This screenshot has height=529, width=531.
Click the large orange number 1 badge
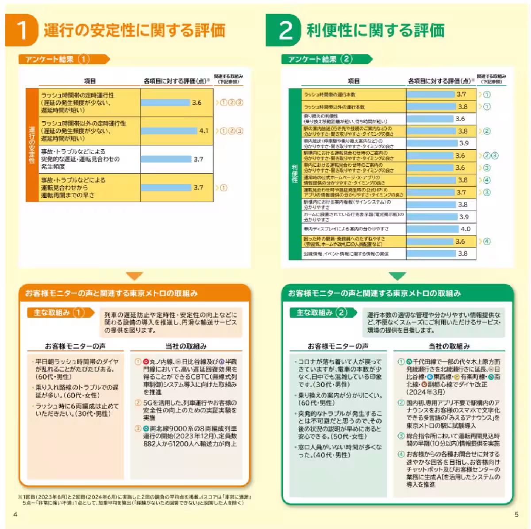click(21, 30)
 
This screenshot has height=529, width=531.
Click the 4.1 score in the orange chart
click(204, 131)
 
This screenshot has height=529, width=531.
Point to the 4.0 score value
click(466, 229)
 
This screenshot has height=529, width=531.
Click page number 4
click(15, 514)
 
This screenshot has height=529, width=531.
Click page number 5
click(516, 514)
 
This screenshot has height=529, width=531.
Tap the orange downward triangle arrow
click(135, 276)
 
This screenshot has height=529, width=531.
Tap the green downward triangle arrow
click(397, 276)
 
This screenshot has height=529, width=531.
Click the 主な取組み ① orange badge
click(60, 313)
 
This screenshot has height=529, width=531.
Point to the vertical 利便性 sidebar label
click(295, 173)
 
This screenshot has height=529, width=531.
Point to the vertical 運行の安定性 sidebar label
click(32, 145)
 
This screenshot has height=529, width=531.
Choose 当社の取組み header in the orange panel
click(186, 346)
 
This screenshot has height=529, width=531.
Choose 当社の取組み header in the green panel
click(449, 346)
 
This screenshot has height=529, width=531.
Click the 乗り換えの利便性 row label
click(345, 118)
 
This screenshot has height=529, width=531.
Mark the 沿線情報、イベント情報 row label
click(346, 254)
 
